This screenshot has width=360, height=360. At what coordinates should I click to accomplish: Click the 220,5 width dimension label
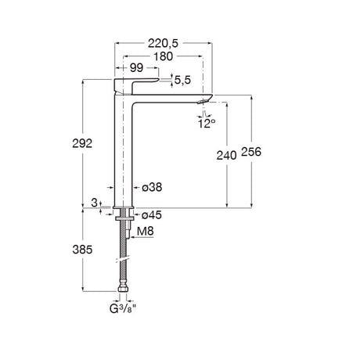163,43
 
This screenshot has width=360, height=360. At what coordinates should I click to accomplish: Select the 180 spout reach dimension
163,56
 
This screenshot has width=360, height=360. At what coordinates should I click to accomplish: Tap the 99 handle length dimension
137,68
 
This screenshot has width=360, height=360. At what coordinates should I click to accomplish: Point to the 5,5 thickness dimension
182,80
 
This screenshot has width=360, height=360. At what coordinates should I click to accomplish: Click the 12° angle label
207,124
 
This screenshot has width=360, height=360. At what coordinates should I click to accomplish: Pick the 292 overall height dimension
82,143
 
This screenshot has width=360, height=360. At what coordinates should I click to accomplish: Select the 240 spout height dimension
226,156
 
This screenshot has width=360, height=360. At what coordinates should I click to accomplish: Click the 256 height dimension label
251,152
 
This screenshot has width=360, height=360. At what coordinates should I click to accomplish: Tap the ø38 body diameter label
152,187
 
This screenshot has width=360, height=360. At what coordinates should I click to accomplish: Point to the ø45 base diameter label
152,215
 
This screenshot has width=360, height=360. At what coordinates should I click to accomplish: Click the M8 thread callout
146,231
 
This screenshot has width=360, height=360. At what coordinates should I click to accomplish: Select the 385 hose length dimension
82,250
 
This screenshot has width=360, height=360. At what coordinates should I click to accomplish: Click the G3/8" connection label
123,309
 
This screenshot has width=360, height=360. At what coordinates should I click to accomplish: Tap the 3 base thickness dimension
94,203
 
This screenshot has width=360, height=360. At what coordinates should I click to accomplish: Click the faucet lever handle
136,85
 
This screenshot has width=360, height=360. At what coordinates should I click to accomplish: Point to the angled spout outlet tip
204,101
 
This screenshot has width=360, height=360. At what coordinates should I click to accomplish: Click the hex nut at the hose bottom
123,289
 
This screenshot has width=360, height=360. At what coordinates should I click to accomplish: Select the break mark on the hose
123,260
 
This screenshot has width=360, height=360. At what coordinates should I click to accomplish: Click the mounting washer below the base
124,218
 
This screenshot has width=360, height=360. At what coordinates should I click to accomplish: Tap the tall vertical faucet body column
123,151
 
